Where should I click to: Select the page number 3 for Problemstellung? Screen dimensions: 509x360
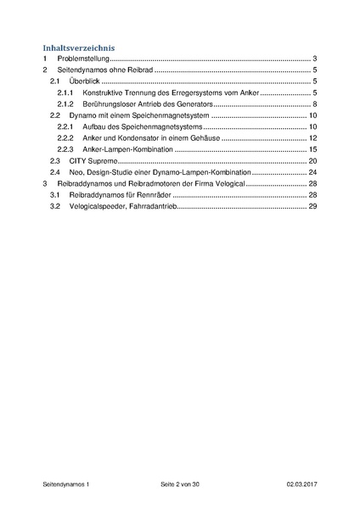pos(314,59)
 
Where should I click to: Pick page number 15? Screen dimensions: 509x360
pos(312,149)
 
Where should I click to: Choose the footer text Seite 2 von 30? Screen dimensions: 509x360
pos(180,484)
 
